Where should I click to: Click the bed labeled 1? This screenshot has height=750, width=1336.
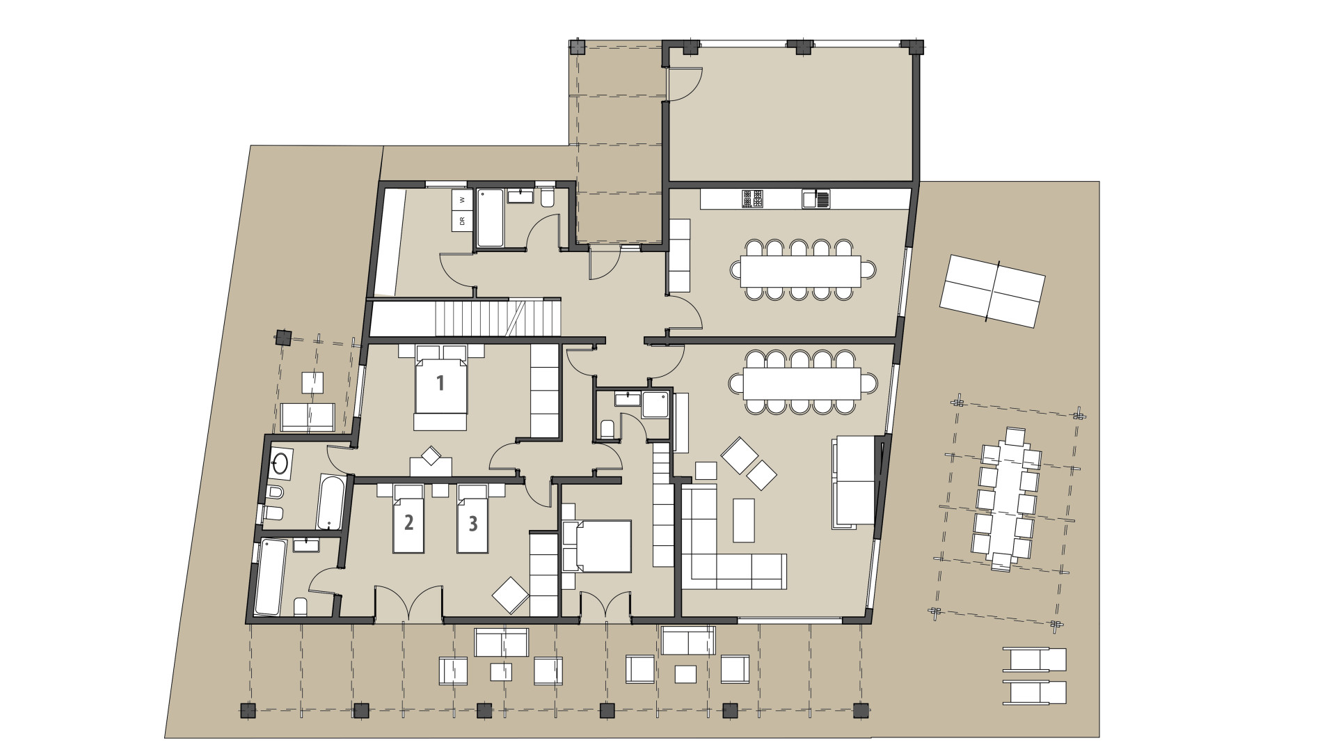click(x=440, y=387)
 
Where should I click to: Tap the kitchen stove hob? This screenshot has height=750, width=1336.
click(x=751, y=199)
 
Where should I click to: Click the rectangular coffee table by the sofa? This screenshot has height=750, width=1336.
click(x=743, y=519)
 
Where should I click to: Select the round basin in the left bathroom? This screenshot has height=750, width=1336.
click(x=281, y=463)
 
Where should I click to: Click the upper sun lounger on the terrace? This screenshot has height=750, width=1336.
click(x=1034, y=659)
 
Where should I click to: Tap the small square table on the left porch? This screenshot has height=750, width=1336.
click(x=312, y=383)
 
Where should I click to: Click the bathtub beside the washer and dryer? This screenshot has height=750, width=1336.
click(x=489, y=219)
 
